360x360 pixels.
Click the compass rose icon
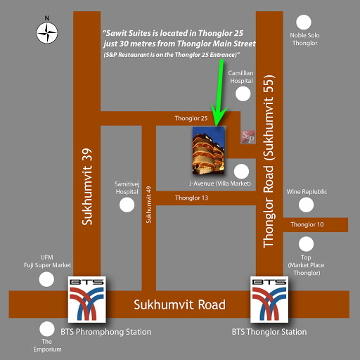point(47,32)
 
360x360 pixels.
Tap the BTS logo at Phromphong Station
point(87,300)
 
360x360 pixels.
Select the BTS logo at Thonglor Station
point(269,300)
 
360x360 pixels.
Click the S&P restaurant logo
point(248,137)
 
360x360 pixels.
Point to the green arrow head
point(219,115)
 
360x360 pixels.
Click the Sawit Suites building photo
point(208,150)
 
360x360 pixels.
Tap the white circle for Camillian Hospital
point(243,94)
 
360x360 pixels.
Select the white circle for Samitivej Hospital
point(127,205)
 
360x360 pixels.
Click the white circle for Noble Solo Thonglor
point(304,22)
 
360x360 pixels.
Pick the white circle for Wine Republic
point(306,205)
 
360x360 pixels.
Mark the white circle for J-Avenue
point(241,172)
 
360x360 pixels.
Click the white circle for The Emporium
point(47,329)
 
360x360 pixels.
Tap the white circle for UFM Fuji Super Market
point(46,279)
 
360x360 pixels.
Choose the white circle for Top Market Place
point(306,244)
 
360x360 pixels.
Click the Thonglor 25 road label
point(191,118)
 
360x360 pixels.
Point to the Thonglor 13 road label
point(191,198)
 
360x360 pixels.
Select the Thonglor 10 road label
point(307,224)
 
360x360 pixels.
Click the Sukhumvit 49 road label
point(148,205)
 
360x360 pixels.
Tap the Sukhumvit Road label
point(179,304)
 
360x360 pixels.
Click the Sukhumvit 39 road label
point(87,186)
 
